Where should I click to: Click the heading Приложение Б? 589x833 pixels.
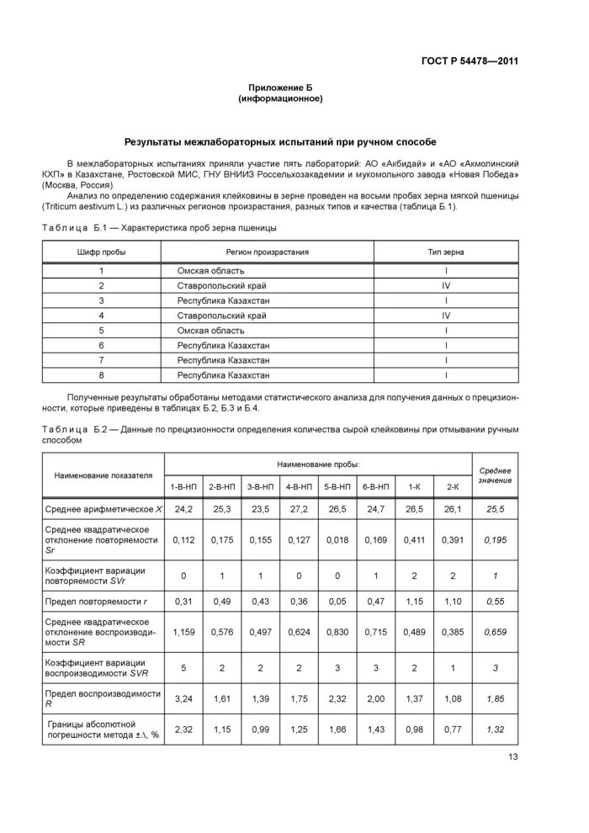(280, 88)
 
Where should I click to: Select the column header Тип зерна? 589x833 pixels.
(445, 252)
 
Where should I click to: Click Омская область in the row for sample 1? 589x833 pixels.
(210, 270)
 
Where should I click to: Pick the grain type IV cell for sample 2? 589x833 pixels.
(445, 285)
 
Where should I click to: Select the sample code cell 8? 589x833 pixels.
(101, 374)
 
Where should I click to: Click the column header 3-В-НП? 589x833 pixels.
(260, 487)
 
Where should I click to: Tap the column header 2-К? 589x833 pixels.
(451, 487)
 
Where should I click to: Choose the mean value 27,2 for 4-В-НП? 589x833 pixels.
(299, 510)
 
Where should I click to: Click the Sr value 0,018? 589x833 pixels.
(337, 539)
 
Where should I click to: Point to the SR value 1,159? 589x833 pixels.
(184, 632)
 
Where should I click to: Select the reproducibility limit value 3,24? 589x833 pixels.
(184, 698)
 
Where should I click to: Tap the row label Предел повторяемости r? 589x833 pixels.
(98, 601)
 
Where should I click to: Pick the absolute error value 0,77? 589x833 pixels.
(451, 729)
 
